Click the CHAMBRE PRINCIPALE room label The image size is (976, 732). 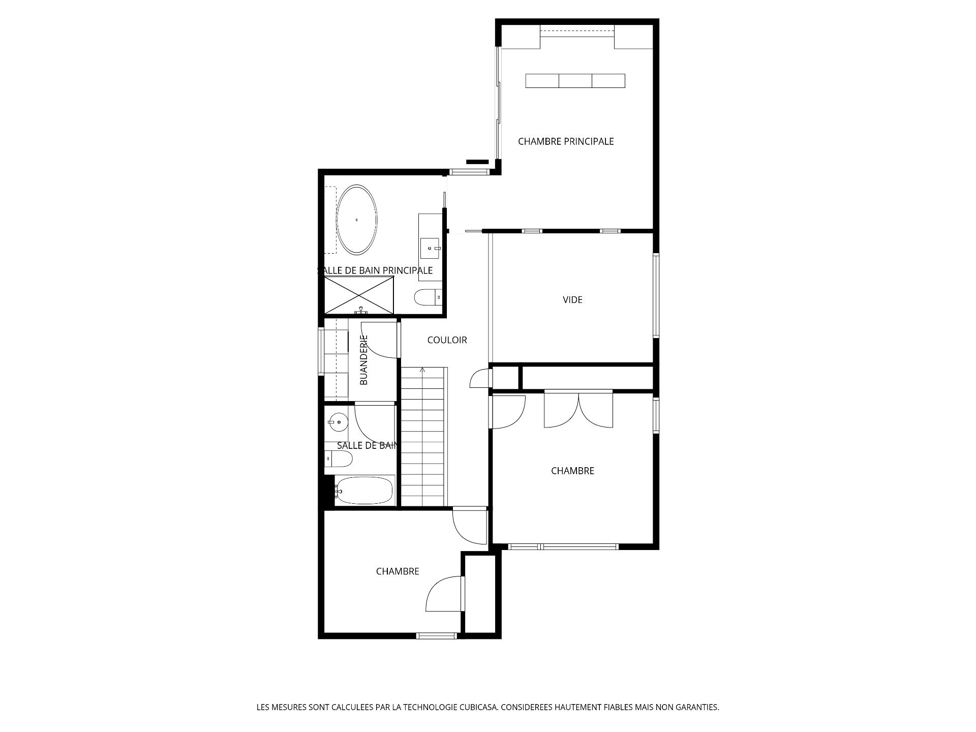[x=566, y=142]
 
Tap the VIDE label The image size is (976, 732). [x=572, y=300]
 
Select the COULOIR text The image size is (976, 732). [x=447, y=340]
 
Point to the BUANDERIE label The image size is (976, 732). [x=364, y=359]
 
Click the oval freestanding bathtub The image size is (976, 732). [x=357, y=220]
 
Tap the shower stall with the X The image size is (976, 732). [x=359, y=295]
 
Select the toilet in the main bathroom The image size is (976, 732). [x=428, y=297]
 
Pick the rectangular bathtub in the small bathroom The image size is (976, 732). [x=364, y=491]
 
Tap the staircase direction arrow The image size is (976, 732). [x=422, y=370]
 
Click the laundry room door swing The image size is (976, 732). [x=379, y=340]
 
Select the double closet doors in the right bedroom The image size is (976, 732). [x=578, y=409]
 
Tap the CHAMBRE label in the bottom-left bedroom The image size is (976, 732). [x=398, y=572]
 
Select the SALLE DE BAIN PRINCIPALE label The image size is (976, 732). [x=375, y=270]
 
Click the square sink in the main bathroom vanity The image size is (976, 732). [x=430, y=249]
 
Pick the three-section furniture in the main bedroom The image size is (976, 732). [x=575, y=81]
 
